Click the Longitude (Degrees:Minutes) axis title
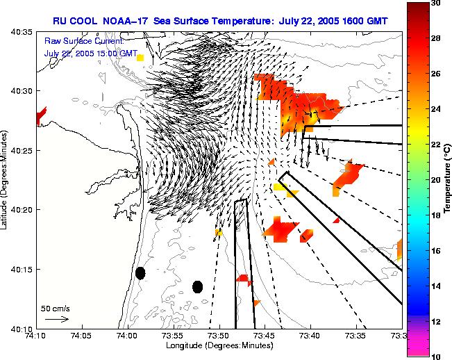217,345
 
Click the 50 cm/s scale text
56,308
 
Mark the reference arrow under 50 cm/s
56,319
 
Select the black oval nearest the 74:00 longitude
140,273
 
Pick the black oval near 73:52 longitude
197,286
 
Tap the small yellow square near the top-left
140,58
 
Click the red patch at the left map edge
40,115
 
